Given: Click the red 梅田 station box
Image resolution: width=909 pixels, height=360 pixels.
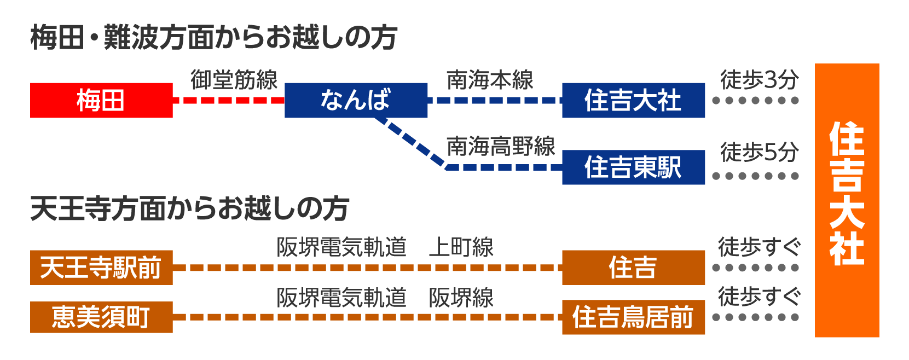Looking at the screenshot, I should pos(101,100).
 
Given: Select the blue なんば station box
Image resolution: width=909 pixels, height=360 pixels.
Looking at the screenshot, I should pos(356,100).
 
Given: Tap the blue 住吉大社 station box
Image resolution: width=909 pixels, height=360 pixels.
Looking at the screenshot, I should pos(633,100).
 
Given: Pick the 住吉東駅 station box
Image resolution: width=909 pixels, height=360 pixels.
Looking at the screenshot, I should pos(633,167).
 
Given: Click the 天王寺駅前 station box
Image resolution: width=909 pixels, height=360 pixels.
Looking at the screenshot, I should pos(101,268).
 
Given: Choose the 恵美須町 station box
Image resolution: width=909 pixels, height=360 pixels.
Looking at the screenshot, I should pos(101,317).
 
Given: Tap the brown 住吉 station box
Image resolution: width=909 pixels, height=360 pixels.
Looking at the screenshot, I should pos(633,268).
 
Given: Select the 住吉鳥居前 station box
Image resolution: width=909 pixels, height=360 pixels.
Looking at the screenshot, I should pos(633,317).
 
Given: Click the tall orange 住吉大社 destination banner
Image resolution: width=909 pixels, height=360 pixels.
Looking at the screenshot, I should pos(847,200).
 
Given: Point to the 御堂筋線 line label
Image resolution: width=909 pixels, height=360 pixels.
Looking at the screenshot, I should pos(234,80).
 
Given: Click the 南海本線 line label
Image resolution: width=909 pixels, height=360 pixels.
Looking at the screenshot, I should pos(490,80).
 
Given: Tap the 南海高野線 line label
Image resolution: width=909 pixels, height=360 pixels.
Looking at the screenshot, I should pos(501,146).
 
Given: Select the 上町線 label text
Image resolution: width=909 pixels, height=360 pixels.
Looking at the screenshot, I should pos(461,247).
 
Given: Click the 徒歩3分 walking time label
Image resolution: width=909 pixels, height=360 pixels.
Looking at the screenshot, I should pos(759,80).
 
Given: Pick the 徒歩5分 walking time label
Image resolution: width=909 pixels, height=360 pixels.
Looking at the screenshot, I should pos(759,152).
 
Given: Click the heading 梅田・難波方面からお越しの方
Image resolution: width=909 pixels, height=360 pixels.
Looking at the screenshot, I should pos(213,38).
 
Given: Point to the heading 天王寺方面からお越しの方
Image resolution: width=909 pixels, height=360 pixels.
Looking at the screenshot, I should pos(189,208).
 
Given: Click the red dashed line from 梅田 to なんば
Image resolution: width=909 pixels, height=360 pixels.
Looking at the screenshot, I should pos(229,100).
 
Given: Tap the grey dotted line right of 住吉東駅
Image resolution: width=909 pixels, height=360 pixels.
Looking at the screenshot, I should pos(756,176).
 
